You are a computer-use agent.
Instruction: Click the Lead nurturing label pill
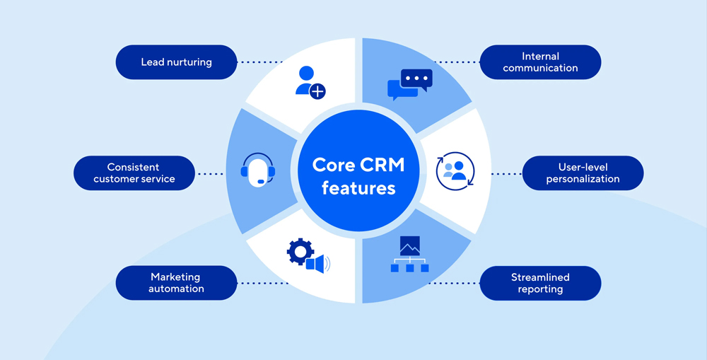point(176,62)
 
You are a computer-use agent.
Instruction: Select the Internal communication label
point(540,62)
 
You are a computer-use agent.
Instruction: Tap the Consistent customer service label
point(134,173)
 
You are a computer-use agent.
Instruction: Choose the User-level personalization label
point(583,173)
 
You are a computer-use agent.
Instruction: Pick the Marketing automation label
point(176,283)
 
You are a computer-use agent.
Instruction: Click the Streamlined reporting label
point(540,283)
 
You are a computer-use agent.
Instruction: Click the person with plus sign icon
point(309,83)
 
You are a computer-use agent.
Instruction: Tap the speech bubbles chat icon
point(409,84)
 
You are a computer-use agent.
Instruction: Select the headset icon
point(257,170)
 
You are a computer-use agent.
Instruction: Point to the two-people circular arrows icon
point(455,172)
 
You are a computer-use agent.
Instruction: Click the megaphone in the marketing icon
point(317,264)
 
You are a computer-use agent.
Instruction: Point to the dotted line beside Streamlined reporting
point(455,283)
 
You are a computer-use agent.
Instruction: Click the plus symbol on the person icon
point(318,91)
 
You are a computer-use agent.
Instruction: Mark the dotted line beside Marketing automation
point(262,283)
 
